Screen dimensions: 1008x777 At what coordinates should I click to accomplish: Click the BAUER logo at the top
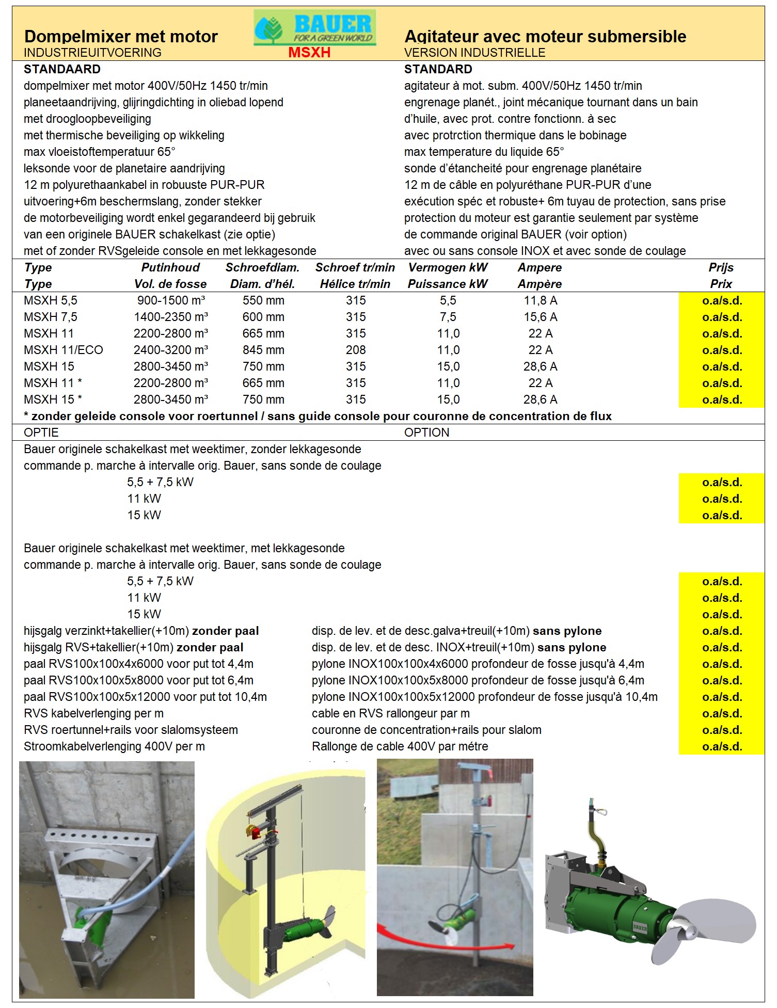pyautogui.click(x=315, y=28)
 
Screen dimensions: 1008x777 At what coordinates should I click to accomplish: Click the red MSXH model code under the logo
pyautogui.click(x=309, y=53)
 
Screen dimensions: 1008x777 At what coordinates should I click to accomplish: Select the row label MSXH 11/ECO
pyautogui.click(x=64, y=350)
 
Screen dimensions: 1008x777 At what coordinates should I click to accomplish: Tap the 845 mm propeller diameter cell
pyautogui.click(x=263, y=350)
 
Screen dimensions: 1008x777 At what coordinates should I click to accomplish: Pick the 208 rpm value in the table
pyautogui.click(x=356, y=350)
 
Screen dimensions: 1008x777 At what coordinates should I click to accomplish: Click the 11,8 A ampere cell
pyautogui.click(x=541, y=300)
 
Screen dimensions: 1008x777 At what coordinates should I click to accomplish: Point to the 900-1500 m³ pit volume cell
pyautogui.click(x=171, y=300)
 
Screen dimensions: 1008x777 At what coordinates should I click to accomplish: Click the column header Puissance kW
pyautogui.click(x=448, y=284)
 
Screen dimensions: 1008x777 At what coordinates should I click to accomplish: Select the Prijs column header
pyautogui.click(x=721, y=267)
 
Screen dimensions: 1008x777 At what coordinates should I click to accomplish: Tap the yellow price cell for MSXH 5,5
pyautogui.click(x=722, y=300)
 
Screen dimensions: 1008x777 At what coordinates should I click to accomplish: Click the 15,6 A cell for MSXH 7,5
pyautogui.click(x=541, y=317)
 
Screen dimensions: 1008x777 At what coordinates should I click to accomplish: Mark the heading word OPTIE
pyautogui.click(x=41, y=433)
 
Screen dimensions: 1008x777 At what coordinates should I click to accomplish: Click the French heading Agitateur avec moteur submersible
pyautogui.click(x=545, y=37)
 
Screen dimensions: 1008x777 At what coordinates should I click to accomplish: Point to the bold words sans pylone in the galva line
pyautogui.click(x=567, y=631)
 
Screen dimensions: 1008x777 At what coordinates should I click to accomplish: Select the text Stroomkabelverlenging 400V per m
pyautogui.click(x=114, y=746)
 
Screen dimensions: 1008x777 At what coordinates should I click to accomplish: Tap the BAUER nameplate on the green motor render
pyautogui.click(x=640, y=927)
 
